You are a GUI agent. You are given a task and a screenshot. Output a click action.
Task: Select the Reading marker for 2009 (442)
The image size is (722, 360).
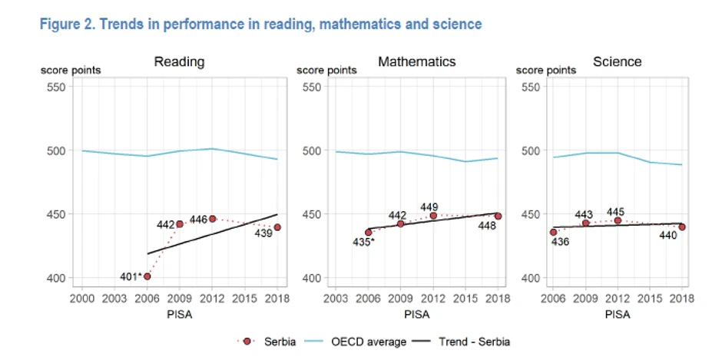[x=180, y=224]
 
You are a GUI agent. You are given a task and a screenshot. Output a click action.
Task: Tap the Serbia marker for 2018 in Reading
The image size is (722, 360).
[x=277, y=227]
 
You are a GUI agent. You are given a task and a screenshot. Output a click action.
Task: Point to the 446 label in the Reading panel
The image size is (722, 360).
[x=198, y=220]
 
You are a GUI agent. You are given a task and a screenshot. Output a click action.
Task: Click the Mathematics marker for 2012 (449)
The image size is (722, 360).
[x=433, y=216]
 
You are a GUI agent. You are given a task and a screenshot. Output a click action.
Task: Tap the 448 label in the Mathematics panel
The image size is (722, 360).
[x=488, y=226]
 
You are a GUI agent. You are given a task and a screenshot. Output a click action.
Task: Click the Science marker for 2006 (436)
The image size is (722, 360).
[x=552, y=232]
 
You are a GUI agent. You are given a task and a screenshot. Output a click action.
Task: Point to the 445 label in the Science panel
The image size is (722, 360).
[x=616, y=211]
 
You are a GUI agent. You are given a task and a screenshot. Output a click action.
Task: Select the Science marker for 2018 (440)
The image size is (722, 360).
[x=681, y=227]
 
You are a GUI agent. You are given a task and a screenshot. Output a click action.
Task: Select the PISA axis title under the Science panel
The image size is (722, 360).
[x=616, y=313]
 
